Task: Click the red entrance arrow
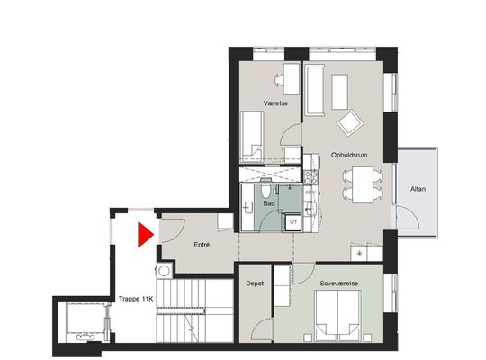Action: tap(145, 235)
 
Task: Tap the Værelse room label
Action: tap(276, 103)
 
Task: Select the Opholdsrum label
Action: tap(349, 155)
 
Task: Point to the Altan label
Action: tap(418, 189)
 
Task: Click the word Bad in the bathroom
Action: tap(269, 203)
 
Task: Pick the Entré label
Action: tap(202, 245)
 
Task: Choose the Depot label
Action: tap(255, 283)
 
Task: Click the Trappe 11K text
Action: tap(136, 299)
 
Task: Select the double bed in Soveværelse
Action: tap(337, 316)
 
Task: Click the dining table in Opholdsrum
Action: tap(363, 184)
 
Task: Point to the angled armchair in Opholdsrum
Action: tap(350, 122)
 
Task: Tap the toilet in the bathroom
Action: tap(265, 191)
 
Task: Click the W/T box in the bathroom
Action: tap(292, 222)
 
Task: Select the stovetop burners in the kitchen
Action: tap(310, 177)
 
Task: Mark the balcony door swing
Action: tap(408, 219)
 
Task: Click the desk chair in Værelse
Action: tap(279, 80)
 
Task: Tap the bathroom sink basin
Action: tap(248, 207)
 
